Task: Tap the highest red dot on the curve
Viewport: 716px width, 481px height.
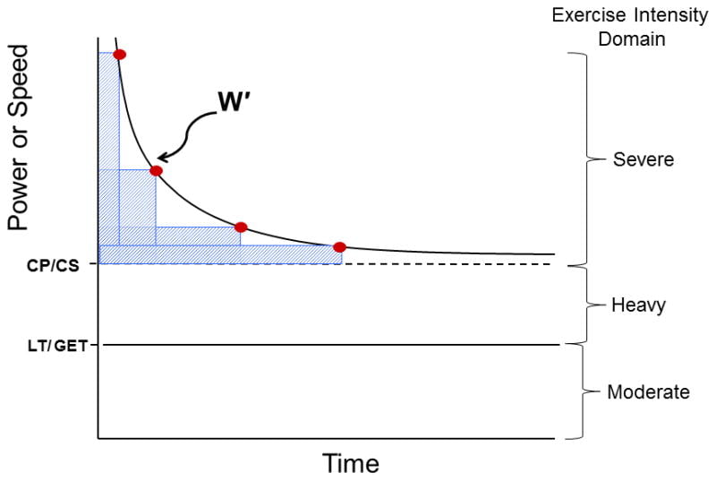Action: (x=120, y=55)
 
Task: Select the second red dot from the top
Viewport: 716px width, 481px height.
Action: (x=157, y=170)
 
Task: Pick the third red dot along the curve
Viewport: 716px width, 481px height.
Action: (x=240, y=227)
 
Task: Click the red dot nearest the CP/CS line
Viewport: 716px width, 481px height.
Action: (x=339, y=247)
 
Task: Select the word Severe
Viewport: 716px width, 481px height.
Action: (x=644, y=161)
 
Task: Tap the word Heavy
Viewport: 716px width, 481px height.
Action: (x=638, y=305)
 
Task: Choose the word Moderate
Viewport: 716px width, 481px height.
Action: (x=648, y=392)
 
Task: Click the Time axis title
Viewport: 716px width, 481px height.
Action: (x=351, y=463)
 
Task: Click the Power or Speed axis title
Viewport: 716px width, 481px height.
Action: (x=21, y=140)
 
